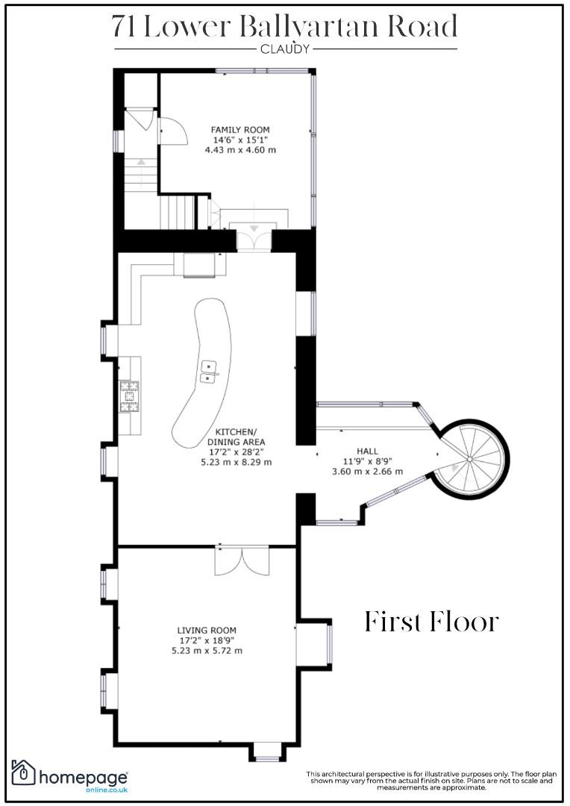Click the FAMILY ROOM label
tap(240, 130)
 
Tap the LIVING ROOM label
tap(207, 630)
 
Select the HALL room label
tap(367, 452)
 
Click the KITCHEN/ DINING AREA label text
tap(236, 437)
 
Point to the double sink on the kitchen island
tap(209, 372)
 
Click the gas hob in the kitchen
tap(130, 396)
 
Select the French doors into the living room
tap(242, 560)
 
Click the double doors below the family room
tap(254, 239)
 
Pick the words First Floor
tap(432, 622)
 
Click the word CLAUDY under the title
tap(285, 49)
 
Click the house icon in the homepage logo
tap(23, 772)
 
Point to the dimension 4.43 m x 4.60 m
tap(240, 150)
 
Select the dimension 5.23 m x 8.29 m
tap(236, 462)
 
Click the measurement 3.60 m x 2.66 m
tap(368, 471)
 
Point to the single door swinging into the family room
tap(171, 131)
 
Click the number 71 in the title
tap(124, 28)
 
